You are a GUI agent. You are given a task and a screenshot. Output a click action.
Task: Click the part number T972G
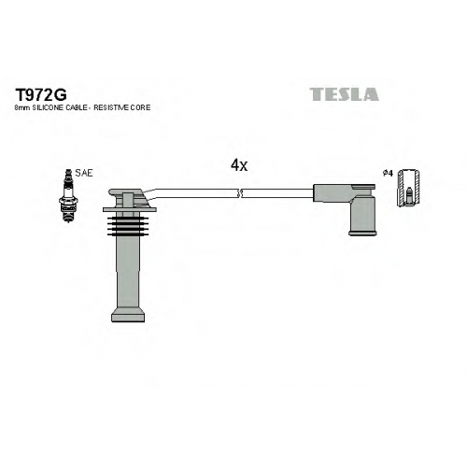click(x=41, y=94)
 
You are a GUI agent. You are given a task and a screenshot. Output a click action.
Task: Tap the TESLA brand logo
click(x=344, y=94)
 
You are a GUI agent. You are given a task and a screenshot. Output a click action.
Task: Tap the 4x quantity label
click(x=239, y=165)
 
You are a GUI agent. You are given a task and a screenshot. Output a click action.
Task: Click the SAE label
click(x=84, y=173)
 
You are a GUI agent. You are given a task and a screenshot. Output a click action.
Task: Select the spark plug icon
click(x=67, y=195)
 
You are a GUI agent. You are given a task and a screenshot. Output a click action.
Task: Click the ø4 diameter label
click(x=388, y=174)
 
